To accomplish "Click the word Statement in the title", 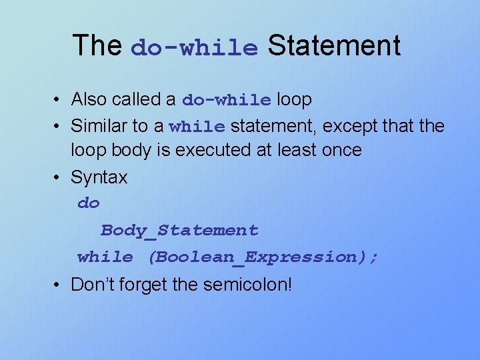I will click(x=334, y=46).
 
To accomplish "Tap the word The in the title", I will click(x=97, y=46).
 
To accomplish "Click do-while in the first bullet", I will click(x=227, y=100).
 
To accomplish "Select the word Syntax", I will click(x=99, y=177).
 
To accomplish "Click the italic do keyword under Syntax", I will click(x=88, y=203).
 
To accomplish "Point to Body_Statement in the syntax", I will click(x=179, y=231).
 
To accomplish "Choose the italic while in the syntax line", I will click(x=105, y=257).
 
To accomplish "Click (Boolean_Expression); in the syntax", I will click(x=263, y=257).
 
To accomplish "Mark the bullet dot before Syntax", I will click(x=59, y=177).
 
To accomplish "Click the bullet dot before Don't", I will click(x=59, y=285).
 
